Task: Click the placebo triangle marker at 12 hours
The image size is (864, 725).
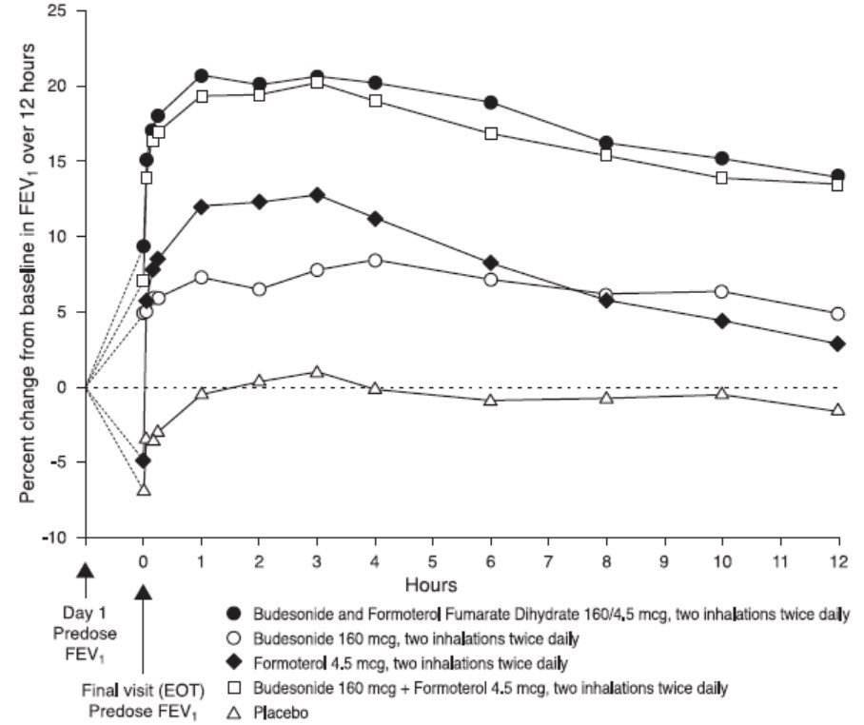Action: (838, 410)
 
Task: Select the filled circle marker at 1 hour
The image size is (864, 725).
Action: (202, 75)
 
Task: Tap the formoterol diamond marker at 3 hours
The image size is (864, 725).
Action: (317, 195)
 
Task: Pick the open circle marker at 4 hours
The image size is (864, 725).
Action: (375, 260)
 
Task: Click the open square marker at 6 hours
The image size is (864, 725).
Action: (491, 133)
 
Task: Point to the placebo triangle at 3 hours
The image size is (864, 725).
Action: (317, 371)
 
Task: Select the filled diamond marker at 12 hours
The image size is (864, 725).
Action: (838, 343)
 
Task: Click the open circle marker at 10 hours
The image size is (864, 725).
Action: (722, 291)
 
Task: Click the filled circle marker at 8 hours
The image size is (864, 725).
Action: (606, 143)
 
